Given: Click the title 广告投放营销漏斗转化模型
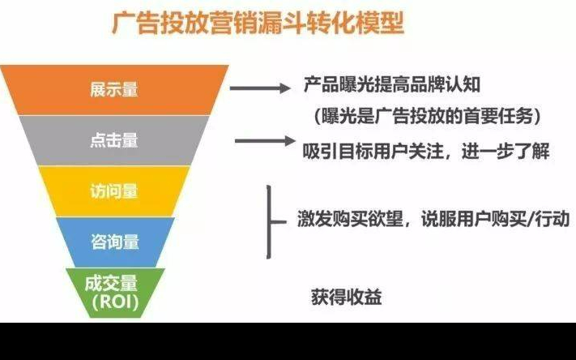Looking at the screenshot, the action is [x=258, y=24].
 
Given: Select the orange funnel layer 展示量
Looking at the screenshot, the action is [x=114, y=90].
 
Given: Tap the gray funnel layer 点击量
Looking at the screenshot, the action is [x=114, y=140].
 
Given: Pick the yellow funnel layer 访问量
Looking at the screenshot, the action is [x=114, y=191].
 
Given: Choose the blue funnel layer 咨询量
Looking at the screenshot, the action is [x=115, y=242].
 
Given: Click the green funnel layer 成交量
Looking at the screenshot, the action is [x=115, y=293].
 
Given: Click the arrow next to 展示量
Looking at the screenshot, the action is [x=260, y=88].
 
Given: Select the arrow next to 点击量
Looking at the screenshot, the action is [x=265, y=141].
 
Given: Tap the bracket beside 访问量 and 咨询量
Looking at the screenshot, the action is [x=269, y=222].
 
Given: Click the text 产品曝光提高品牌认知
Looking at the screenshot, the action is [x=392, y=84].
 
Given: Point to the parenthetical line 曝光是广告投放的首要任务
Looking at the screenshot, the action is [x=428, y=117].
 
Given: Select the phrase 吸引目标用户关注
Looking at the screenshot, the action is [x=373, y=151].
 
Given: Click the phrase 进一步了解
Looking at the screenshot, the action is [x=506, y=151].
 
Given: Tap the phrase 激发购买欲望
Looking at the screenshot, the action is [x=350, y=220].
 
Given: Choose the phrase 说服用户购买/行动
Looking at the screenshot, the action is [x=495, y=220].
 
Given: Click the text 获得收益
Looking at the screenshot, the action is [x=347, y=297].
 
